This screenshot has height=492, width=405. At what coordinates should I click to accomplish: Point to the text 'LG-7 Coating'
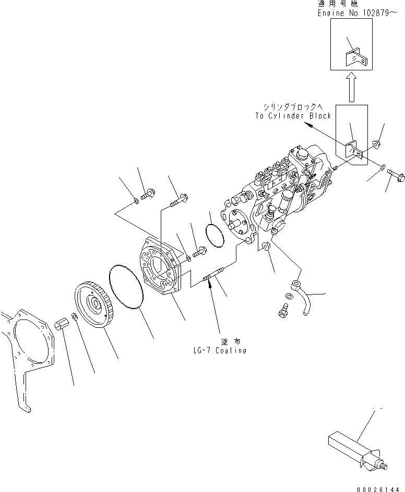[x=219, y=351]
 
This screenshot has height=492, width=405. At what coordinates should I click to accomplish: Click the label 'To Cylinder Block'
[x=293, y=116]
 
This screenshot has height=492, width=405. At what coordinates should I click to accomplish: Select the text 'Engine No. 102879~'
[x=361, y=13]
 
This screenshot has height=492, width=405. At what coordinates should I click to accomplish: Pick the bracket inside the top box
[x=356, y=57]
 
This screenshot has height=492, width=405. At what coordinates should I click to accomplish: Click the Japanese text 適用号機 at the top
[x=337, y=4]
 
